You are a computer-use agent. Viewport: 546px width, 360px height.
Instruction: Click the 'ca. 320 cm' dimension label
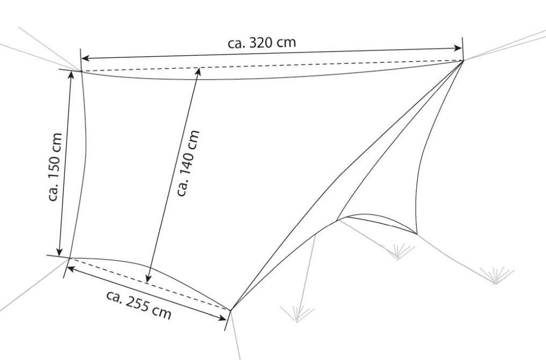pyautogui.click(x=262, y=43)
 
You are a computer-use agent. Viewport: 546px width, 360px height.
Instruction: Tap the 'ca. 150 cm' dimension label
pyautogui.click(x=55, y=167)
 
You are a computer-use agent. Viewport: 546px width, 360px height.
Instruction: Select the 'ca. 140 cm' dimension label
pyautogui.click(x=188, y=163)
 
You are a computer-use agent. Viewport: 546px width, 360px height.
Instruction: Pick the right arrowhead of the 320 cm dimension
pyautogui.click(x=458, y=49)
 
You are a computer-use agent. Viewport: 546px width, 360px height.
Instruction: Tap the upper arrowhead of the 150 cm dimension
pyautogui.click(x=71, y=75)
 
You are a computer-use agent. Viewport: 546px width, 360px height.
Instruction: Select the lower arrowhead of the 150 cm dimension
pyautogui.click(x=60, y=252)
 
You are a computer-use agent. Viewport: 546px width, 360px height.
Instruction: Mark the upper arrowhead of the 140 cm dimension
pyautogui.click(x=198, y=72)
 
